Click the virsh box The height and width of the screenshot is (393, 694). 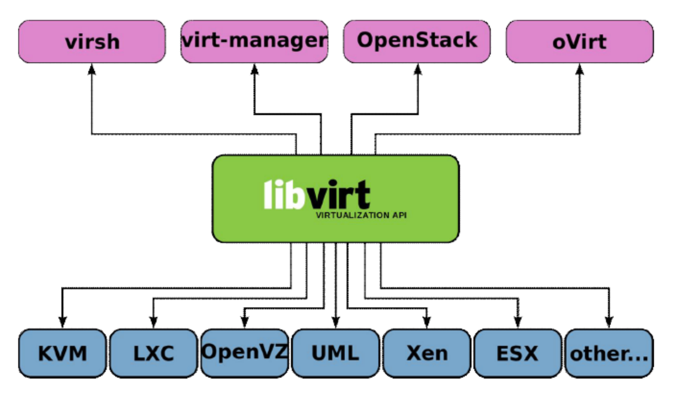point(92,41)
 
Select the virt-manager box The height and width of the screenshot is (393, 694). point(254,41)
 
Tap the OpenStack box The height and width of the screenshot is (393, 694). point(417,41)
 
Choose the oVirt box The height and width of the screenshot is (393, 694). point(579,41)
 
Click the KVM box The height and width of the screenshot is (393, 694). point(63,353)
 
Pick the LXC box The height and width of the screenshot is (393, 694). point(154,353)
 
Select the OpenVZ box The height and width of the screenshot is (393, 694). point(245,352)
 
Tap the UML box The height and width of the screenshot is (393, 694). point(336,353)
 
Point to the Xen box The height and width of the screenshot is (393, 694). point(427,353)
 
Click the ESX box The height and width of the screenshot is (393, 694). point(517,353)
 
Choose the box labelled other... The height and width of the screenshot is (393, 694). point(609,353)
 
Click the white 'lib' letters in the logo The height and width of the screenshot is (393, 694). point(283,195)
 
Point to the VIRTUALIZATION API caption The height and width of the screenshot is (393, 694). point(361,215)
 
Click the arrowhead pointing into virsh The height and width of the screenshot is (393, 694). point(92,69)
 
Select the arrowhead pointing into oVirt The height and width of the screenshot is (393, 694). point(580,69)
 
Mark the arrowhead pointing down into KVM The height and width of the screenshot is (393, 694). point(63,322)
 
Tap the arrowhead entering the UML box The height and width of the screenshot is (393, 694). point(336,322)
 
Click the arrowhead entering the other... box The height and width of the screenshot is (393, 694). point(609,322)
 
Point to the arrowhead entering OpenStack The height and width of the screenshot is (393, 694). point(418,69)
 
